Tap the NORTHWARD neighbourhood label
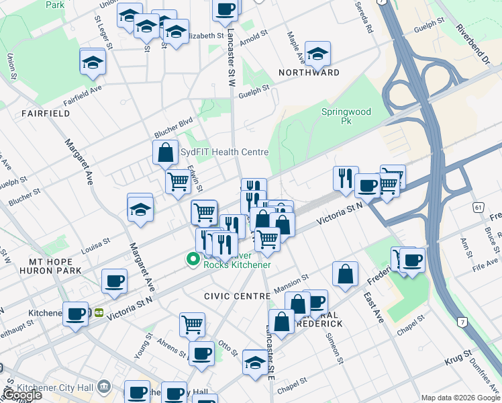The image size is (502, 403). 312,72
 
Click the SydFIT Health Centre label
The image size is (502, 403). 224,152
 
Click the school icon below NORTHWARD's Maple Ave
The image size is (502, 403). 317,54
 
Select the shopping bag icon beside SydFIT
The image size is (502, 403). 165,152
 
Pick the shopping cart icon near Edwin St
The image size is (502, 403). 179,181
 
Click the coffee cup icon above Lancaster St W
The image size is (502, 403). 226,9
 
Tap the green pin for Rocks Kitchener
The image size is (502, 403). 193,259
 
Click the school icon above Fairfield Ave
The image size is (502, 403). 93,62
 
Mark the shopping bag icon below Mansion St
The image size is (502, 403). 345,274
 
